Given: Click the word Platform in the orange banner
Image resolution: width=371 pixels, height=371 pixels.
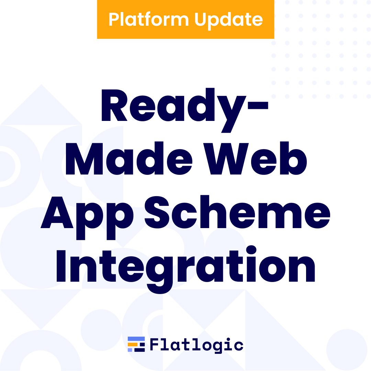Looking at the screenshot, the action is [149, 19].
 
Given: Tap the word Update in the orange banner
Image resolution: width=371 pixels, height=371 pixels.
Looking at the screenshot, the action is [228, 21].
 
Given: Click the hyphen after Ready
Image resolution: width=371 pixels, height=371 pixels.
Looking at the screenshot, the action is [258, 105].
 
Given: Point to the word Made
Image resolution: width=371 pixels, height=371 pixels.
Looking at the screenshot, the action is [129, 158].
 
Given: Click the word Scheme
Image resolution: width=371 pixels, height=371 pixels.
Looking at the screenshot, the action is [237, 212].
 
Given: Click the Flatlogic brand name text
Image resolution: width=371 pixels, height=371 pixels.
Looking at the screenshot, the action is [196, 345].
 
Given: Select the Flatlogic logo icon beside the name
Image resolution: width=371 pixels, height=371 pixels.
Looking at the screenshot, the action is [136, 344].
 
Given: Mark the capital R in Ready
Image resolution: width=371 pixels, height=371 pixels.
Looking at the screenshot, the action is [114, 105].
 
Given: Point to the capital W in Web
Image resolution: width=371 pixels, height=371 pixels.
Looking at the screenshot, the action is [226, 158].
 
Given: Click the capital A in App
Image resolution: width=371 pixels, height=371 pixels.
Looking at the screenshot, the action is [57, 212].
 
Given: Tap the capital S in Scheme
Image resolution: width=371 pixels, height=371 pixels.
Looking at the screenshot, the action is [157, 212].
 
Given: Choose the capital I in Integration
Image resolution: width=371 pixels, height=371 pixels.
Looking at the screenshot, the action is [61, 266].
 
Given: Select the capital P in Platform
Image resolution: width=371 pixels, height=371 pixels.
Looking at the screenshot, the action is [114, 19].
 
